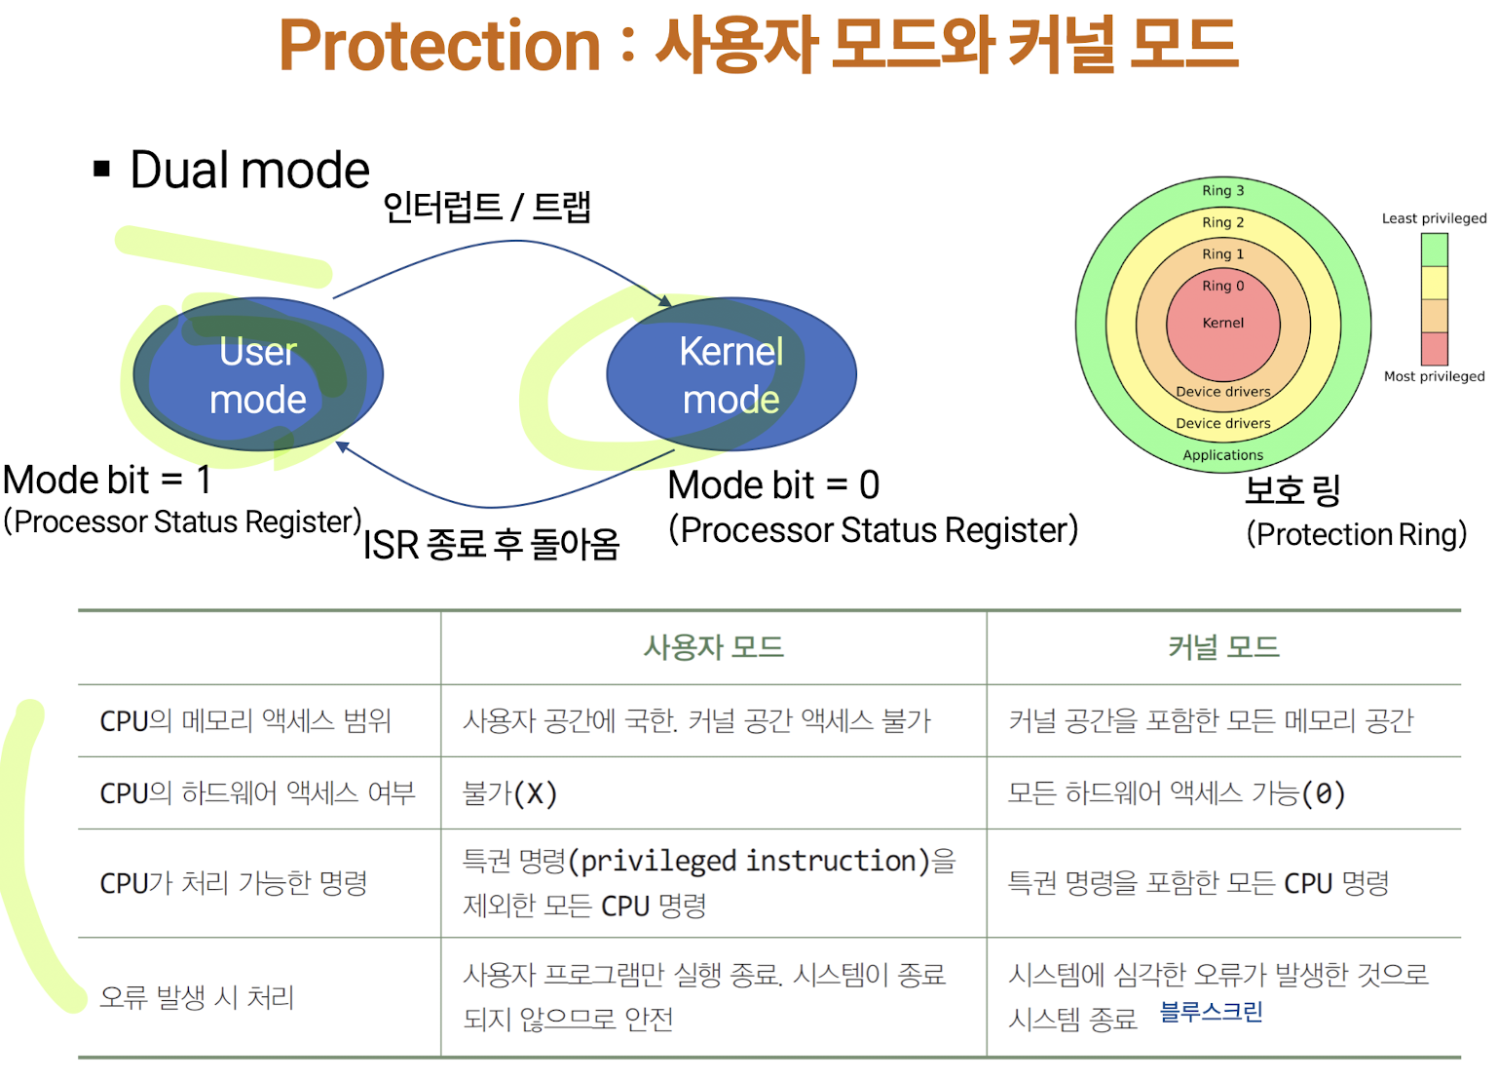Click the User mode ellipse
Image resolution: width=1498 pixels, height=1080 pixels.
pyautogui.click(x=258, y=374)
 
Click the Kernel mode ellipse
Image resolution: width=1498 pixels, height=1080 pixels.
pyautogui.click(x=730, y=374)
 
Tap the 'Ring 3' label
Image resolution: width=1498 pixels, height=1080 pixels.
pyautogui.click(x=1222, y=191)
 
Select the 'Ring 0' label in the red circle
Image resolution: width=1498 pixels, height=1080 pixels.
pyautogui.click(x=1222, y=287)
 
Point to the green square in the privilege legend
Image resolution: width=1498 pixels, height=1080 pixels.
pyautogui.click(x=1434, y=251)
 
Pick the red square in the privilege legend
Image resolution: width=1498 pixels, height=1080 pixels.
pyautogui.click(x=1434, y=348)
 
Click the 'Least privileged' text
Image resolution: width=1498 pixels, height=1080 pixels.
pyautogui.click(x=1434, y=218)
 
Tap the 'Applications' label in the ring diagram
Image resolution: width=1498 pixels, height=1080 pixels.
pyautogui.click(x=1222, y=455)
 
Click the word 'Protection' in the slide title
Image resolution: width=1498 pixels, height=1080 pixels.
pyautogui.click(x=439, y=46)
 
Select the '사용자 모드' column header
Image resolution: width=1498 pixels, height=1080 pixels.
pyautogui.click(x=714, y=647)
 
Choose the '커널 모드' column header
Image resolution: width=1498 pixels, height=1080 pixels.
pyautogui.click(x=1223, y=647)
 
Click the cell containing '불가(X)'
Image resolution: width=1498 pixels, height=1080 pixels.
pyautogui.click(x=509, y=793)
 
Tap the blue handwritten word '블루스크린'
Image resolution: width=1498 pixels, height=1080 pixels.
pyautogui.click(x=1211, y=1012)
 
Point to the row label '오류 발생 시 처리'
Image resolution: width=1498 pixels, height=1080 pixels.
pyautogui.click(x=197, y=997)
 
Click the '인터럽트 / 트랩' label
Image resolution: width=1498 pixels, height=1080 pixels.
pyautogui.click(x=487, y=207)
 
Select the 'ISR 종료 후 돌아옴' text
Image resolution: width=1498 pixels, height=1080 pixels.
pyautogui.click(x=491, y=544)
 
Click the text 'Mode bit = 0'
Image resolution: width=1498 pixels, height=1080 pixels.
pyautogui.click(x=773, y=484)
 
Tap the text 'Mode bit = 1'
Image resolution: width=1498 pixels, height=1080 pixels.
pyautogui.click(x=107, y=480)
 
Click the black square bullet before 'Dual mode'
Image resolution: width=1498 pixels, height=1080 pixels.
pyautogui.click(x=101, y=170)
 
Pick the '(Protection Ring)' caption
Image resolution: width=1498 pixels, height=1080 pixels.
pyautogui.click(x=1356, y=534)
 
